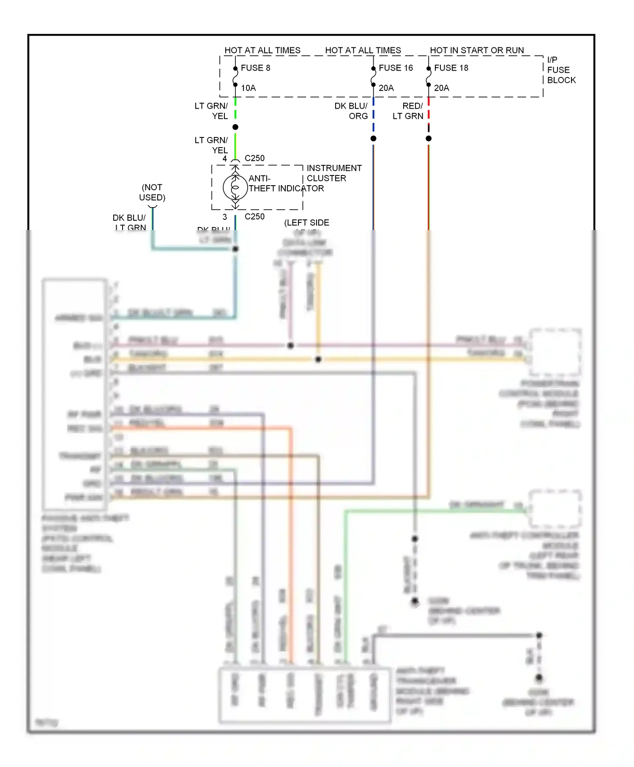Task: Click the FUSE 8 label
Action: pos(255,68)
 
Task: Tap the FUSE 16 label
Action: pos(396,68)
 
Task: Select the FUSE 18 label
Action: pos(451,68)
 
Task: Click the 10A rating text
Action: pos(248,88)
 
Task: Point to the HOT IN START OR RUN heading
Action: pos(477,50)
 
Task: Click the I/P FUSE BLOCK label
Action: pos(561,70)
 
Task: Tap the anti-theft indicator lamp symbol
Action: pos(235,187)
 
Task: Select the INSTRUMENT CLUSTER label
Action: pos(334,173)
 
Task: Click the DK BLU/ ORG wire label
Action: pos(351,111)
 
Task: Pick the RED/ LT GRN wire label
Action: pos(408,111)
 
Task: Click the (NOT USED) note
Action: pos(152,192)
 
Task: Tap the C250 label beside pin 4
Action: pos(254,158)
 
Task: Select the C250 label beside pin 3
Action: pos(254,216)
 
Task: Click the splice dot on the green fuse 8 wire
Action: pos(235,127)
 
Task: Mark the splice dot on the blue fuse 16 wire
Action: pos(373,139)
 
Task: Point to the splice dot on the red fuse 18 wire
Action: pos(429,139)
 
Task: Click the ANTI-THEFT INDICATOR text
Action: pos(286,184)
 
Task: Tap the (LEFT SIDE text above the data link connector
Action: pos(306,223)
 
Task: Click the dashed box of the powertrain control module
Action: pos(555,352)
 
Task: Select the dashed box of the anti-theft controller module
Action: pos(555,509)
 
